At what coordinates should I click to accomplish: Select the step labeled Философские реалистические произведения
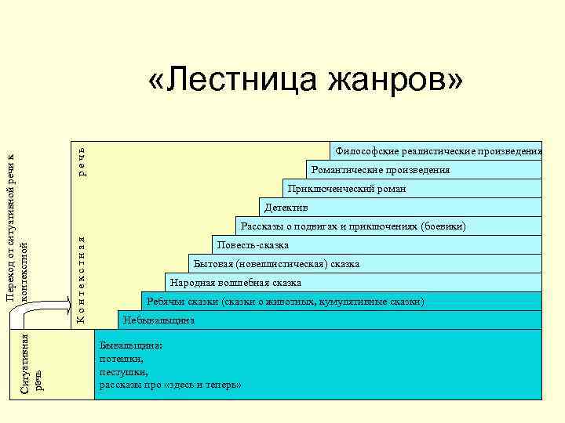438,150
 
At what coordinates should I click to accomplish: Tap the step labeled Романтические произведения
381,170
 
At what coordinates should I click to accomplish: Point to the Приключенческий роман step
346,189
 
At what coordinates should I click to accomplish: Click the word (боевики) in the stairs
443,226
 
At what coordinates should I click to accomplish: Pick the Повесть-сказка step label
252,245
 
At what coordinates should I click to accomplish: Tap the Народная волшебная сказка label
235,283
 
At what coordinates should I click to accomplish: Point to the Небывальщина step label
158,320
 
